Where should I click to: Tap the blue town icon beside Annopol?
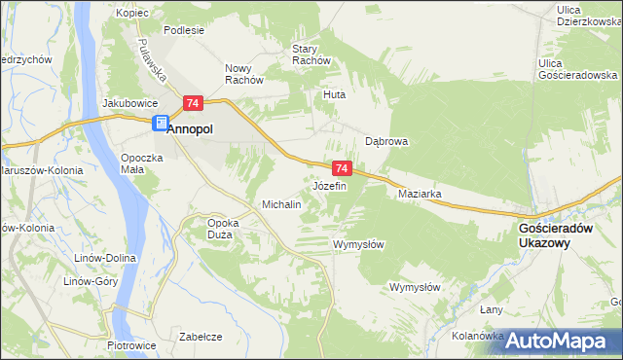(159, 123)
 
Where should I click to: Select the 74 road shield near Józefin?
(340, 168)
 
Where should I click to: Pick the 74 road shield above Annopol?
(193, 103)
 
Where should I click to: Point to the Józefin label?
(329, 186)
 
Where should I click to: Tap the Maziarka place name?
(421, 194)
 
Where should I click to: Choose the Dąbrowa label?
(386, 141)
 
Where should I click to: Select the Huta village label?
(335, 95)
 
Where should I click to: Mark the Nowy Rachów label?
(244, 74)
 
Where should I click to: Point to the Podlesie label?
(183, 30)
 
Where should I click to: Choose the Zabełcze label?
(202, 337)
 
